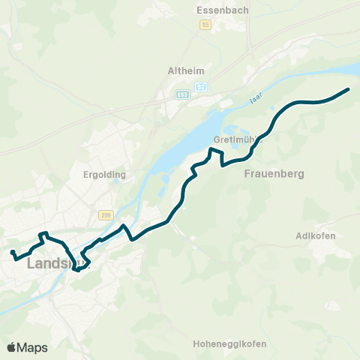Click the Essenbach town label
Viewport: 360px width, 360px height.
pyautogui.click(x=217, y=10)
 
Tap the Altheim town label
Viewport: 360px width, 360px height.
pyautogui.click(x=186, y=71)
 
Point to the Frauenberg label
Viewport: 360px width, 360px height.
pyautogui.click(x=274, y=173)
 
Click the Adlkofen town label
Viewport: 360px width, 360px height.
pyautogui.click(x=316, y=235)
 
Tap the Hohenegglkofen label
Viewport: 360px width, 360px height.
pyautogui.click(x=229, y=344)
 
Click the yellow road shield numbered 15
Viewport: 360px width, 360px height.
pyautogui.click(x=205, y=25)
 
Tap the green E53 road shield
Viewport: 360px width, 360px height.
pyautogui.click(x=183, y=94)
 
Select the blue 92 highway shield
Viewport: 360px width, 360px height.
pyautogui.click(x=201, y=88)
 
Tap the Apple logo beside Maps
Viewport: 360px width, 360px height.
pyautogui.click(x=11, y=347)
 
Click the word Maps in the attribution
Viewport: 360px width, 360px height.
pyautogui.click(x=32, y=347)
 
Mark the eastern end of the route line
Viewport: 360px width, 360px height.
pyautogui.click(x=349, y=90)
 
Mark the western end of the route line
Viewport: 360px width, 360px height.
pyautogui.click(x=13, y=252)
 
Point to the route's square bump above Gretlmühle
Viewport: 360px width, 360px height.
pyautogui.click(x=215, y=154)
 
